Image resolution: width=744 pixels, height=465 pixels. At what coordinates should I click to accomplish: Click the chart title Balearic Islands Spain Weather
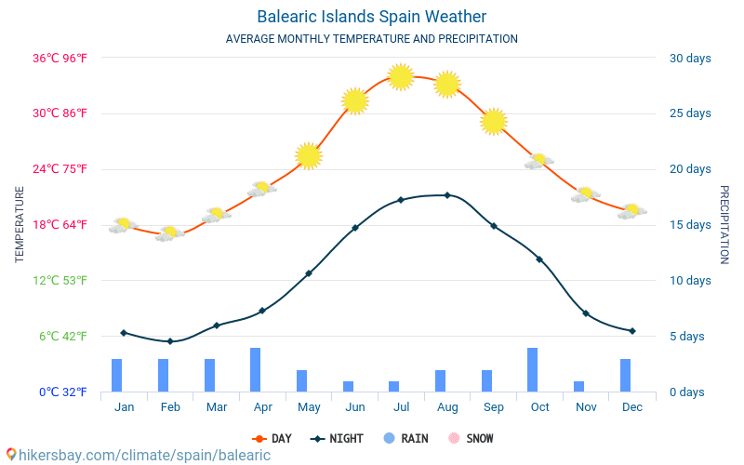[371, 17]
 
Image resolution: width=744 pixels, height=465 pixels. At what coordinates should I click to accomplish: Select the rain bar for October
[532, 369]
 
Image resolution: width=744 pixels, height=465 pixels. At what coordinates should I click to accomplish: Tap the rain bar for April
[255, 369]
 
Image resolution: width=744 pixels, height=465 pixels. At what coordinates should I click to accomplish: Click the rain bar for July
[393, 386]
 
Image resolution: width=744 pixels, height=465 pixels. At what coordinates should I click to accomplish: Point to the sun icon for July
[401, 76]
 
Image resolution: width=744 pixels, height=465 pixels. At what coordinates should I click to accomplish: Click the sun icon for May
[309, 156]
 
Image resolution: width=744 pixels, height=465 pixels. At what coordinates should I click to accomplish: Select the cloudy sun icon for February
[169, 233]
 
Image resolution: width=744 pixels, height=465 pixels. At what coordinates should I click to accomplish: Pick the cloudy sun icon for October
[538, 161]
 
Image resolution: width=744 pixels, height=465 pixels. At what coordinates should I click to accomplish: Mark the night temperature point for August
[447, 195]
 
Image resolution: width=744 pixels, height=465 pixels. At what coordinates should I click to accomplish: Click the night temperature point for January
[124, 332]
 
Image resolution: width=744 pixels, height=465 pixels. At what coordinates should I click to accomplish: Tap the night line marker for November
[586, 313]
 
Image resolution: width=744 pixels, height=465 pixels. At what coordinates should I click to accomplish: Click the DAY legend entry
[272, 438]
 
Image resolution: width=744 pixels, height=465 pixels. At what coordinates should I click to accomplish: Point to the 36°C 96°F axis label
[60, 58]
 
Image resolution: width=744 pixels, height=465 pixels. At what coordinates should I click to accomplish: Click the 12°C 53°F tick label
[62, 280]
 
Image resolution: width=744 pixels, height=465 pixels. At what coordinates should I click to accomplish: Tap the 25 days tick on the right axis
[690, 113]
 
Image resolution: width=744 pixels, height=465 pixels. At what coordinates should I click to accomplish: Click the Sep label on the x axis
[494, 407]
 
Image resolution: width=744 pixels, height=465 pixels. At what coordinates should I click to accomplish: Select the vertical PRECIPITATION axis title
[725, 224]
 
